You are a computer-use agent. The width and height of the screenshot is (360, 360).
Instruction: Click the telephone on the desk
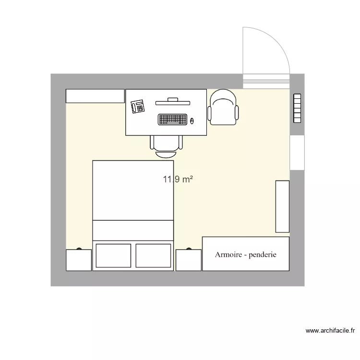pyautogui.click(x=138, y=106)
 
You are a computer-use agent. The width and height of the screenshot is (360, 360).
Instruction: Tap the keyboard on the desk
pyautogui.click(x=172, y=119)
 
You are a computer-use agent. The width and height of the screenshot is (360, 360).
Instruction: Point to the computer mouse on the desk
pyautogui.click(x=192, y=120)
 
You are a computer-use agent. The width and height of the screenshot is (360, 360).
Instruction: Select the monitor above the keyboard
pyautogui.click(x=173, y=101)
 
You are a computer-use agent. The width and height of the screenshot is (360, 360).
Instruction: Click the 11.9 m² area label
pyautogui.click(x=178, y=180)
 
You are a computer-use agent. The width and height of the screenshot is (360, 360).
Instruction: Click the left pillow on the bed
pyautogui.click(x=113, y=255)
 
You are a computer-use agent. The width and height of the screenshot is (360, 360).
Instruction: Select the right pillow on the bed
pyautogui.click(x=153, y=255)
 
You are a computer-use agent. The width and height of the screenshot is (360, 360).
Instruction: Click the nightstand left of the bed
pyautogui.click(x=78, y=260)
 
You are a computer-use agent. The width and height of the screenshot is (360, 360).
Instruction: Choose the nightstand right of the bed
pyautogui.click(x=188, y=260)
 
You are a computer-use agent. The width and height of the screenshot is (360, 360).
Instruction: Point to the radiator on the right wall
pyautogui.click(x=297, y=108)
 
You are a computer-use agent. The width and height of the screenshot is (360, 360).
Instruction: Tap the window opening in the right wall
pyautogui.click(x=297, y=153)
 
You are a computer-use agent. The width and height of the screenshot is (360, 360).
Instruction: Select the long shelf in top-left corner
pyautogui.click(x=95, y=96)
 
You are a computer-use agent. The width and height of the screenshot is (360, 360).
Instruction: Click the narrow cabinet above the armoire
pyautogui.click(x=282, y=206)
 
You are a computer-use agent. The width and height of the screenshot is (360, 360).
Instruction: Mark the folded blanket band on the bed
pyautogui.click(x=133, y=230)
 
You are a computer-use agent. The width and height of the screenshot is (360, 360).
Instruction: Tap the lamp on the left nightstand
pyautogui.click(x=78, y=250)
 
